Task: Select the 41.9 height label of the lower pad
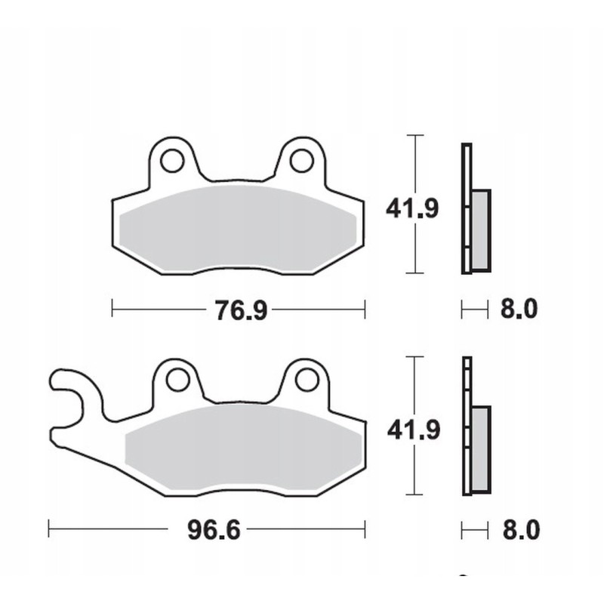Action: click(411, 430)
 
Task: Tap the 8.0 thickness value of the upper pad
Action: click(519, 309)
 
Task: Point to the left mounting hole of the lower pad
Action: click(177, 378)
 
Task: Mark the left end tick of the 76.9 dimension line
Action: click(112, 309)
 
